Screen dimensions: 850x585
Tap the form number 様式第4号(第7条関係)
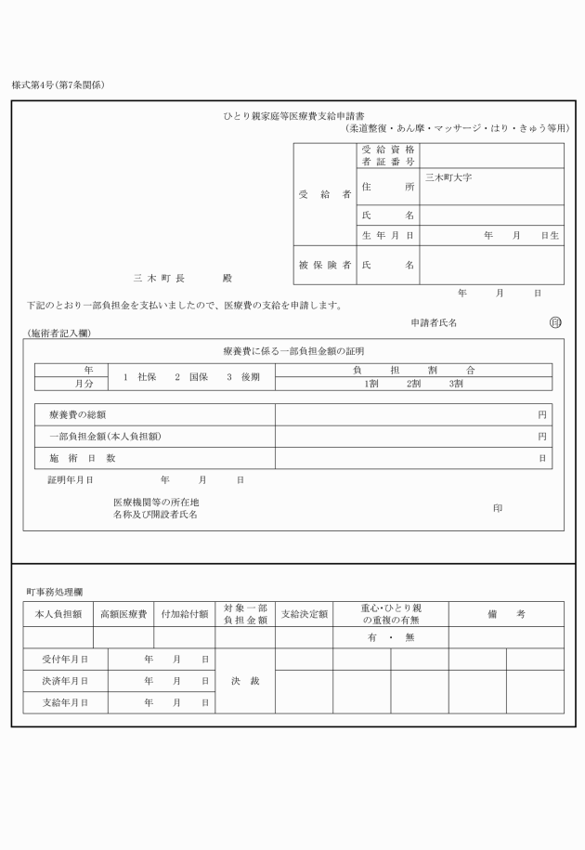click(58, 85)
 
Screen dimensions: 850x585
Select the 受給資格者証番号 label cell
click(387, 155)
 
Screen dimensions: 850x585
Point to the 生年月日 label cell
click(387, 236)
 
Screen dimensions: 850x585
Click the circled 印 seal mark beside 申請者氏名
click(555, 322)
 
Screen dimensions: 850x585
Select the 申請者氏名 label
click(434, 322)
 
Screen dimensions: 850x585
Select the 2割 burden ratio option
click(414, 383)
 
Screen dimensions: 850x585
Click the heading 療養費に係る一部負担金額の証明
click(293, 351)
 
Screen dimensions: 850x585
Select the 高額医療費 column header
click(123, 614)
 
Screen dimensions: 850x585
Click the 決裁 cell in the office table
click(245, 681)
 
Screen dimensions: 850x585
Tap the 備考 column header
click(506, 614)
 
